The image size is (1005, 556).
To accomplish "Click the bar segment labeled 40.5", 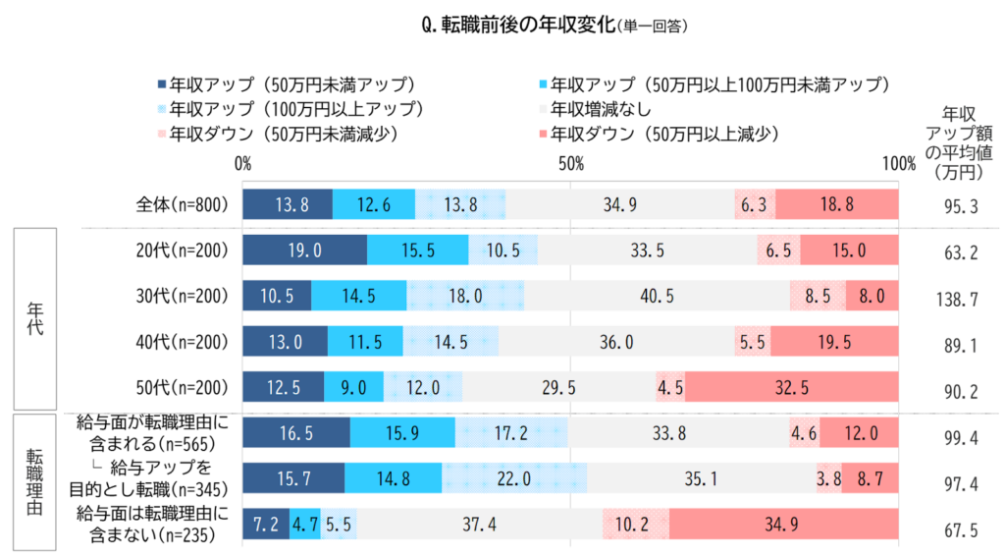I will click(x=657, y=296).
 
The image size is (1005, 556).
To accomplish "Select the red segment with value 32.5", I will click(x=792, y=387).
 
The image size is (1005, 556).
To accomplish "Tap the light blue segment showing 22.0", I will click(x=513, y=478).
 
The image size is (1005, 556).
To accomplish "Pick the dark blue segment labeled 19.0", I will click(x=304, y=250).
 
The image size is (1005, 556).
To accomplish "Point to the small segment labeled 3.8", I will click(x=828, y=478).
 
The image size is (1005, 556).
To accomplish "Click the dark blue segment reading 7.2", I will click(x=265, y=525).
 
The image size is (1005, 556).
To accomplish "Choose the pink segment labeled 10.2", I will click(x=636, y=525).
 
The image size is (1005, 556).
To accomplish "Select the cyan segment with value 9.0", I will click(x=353, y=387).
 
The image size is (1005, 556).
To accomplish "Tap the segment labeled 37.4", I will click(x=479, y=525).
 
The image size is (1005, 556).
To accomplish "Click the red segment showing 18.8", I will click(x=836, y=205).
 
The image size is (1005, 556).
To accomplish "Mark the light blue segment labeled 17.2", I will click(x=511, y=433).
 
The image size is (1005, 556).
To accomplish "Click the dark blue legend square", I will click(x=162, y=84).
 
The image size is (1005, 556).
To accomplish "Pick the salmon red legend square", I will click(x=543, y=134).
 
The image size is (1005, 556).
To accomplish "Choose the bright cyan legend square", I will click(x=543, y=84).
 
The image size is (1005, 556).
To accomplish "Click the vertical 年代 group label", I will click(x=34, y=320).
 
